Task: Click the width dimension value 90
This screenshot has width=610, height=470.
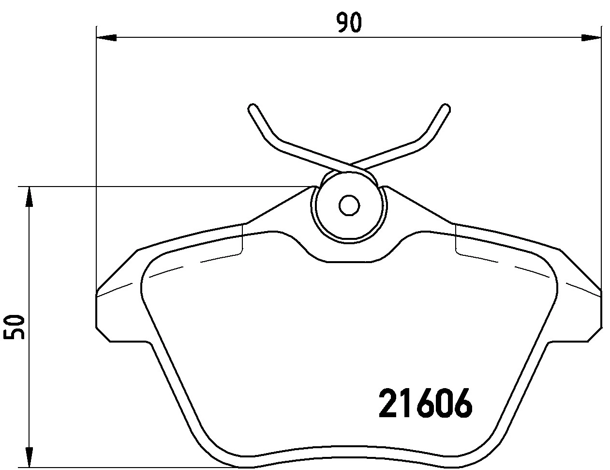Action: pos(349,23)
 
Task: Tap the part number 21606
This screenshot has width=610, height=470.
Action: pos(424,403)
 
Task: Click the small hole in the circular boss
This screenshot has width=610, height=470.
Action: pos(349,205)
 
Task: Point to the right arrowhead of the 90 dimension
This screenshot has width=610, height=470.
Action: pos(591,37)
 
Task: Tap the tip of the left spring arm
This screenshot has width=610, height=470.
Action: pos(252,107)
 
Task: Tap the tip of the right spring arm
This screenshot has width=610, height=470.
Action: pos(446,107)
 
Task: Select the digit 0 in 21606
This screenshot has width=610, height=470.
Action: pos(443,403)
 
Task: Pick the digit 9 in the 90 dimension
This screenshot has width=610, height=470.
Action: pos(342,23)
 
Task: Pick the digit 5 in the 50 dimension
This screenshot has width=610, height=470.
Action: pos(14,334)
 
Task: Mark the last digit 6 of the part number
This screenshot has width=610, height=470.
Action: pos(461,403)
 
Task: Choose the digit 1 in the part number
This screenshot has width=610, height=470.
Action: pos(405,403)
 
